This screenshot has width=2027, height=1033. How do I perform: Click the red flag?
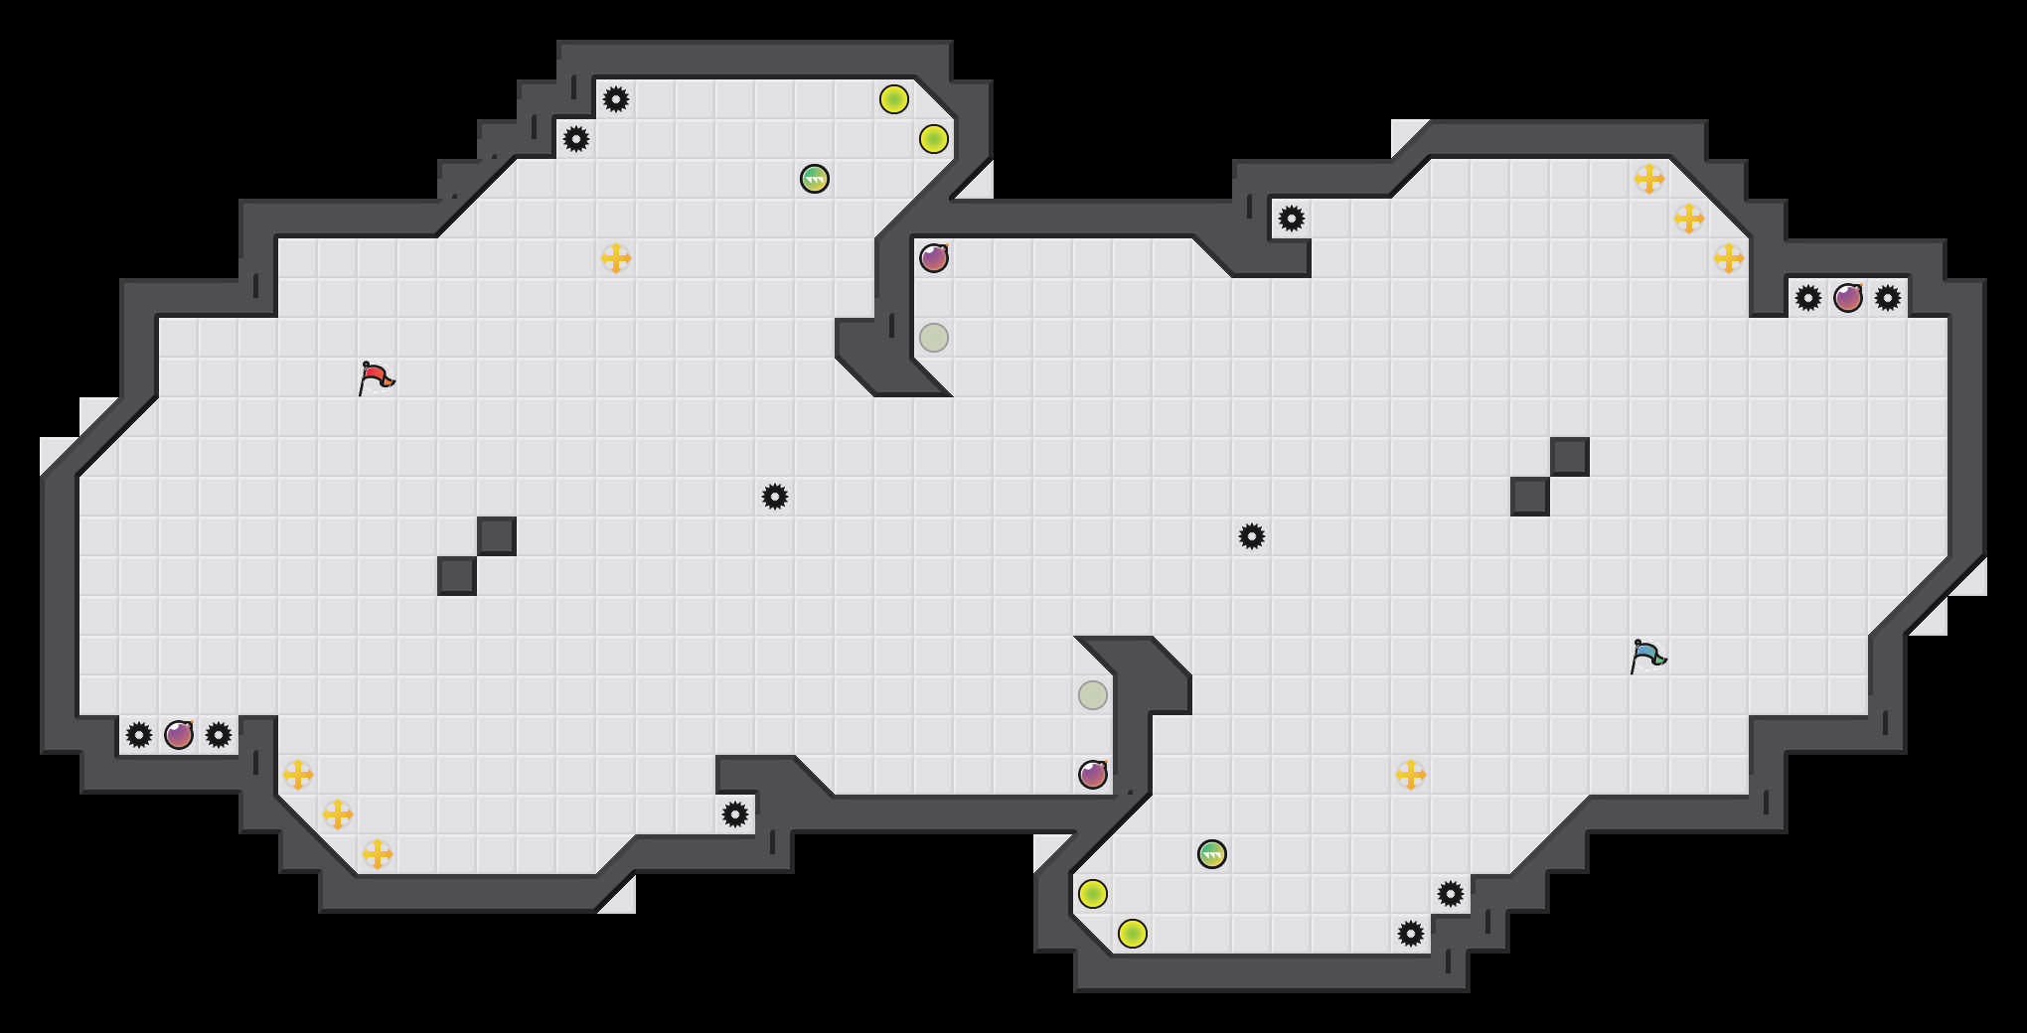pyautogui.click(x=376, y=377)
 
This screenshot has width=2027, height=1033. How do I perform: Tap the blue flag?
pyautogui.click(x=1647, y=656)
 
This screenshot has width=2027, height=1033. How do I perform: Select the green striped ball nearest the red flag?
pyautogui.click(x=815, y=179)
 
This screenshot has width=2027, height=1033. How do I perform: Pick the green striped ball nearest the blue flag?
pyautogui.click(x=1212, y=854)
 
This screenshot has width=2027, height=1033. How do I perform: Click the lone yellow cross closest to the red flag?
pyautogui.click(x=616, y=258)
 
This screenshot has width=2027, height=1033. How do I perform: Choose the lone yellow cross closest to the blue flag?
pyautogui.click(x=1411, y=775)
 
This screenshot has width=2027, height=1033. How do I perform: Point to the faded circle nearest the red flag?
pyautogui.click(x=934, y=338)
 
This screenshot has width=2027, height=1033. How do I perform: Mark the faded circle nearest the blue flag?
pyautogui.click(x=1093, y=695)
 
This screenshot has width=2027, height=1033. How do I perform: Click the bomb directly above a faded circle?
pyautogui.click(x=934, y=258)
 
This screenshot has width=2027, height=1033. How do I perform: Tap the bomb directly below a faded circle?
pyautogui.click(x=1093, y=775)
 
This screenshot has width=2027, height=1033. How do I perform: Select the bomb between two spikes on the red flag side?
pyautogui.click(x=179, y=735)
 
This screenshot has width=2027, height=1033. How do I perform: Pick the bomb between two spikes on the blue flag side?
pyautogui.click(x=1848, y=298)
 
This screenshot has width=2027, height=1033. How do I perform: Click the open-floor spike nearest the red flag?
pyautogui.click(x=775, y=497)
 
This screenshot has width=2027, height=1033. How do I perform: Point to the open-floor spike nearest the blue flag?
pyautogui.click(x=1252, y=536)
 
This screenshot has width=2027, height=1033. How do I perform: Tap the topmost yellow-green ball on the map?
pyautogui.click(x=894, y=99)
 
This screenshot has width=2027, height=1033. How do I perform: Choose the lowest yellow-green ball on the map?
pyautogui.click(x=1133, y=934)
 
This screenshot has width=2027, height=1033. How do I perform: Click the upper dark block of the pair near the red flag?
pyautogui.click(x=497, y=536)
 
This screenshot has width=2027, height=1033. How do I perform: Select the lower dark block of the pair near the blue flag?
pyautogui.click(x=1530, y=497)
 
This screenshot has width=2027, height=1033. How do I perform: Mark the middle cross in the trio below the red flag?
pyautogui.click(x=338, y=814)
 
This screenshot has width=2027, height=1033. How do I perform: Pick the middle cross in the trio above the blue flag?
pyautogui.click(x=1689, y=219)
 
